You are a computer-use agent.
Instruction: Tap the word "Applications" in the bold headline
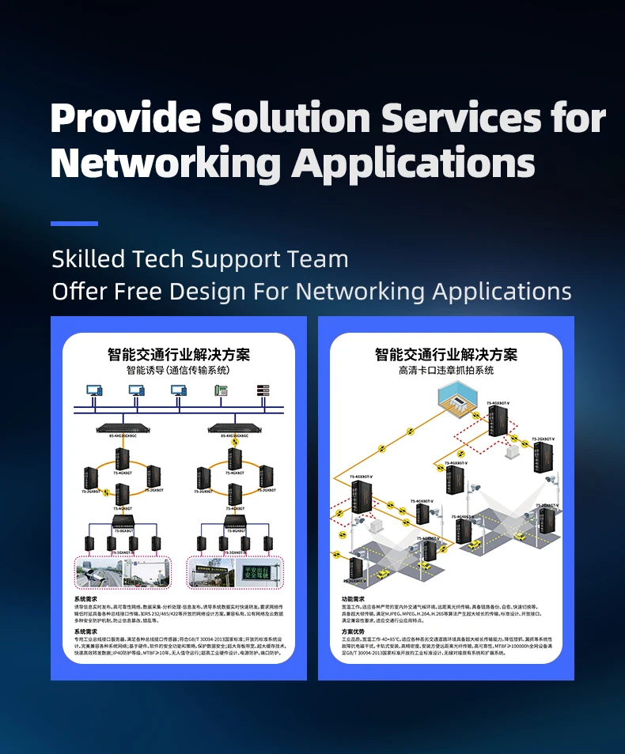413,164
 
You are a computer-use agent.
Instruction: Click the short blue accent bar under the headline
74,224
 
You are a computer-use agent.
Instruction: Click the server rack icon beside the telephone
263,390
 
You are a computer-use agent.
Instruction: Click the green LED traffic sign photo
260,571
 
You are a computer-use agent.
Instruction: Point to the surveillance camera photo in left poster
122,571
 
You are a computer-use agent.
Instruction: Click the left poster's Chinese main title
179,354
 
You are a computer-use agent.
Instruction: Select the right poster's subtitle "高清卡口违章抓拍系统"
446,370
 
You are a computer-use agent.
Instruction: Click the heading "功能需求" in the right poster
354,599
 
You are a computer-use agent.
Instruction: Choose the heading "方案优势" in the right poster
354,632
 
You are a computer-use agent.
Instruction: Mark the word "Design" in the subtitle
208,292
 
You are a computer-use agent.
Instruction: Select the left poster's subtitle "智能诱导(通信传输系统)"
179,370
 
